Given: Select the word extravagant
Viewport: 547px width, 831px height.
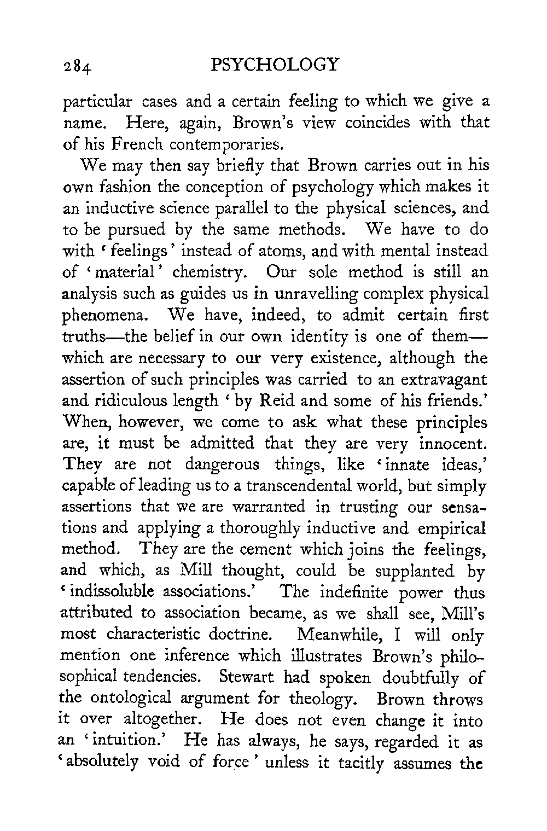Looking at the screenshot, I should click(x=438, y=379).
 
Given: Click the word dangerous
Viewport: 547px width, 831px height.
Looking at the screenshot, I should click(x=222, y=465).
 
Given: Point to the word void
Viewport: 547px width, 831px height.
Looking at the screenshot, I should click(x=166, y=764).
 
